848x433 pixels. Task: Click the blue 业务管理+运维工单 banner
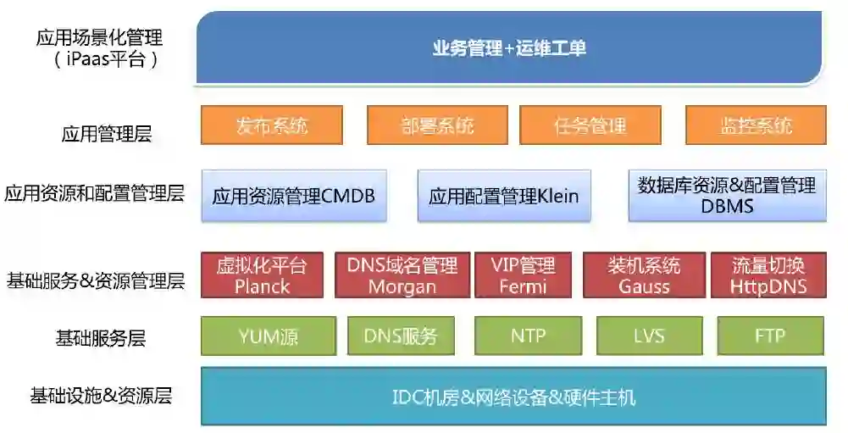509,48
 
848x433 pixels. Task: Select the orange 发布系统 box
272,125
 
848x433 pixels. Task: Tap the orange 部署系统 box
437,125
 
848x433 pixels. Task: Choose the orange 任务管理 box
590,125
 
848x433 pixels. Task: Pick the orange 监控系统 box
756,125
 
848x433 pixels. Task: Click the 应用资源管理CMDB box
294,196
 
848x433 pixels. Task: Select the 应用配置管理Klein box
504,196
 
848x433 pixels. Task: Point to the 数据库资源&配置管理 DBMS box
727,196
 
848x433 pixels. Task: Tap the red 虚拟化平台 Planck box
262,275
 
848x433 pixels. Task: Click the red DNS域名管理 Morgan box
402,275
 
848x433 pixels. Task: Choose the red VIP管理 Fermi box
523,275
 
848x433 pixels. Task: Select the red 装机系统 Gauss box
644,275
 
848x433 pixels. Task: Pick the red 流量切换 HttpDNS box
768,275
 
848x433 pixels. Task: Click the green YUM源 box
269,336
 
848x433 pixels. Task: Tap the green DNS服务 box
401,336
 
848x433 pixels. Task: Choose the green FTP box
770,336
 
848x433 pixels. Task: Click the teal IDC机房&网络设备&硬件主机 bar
513,396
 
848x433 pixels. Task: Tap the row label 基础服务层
100,338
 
